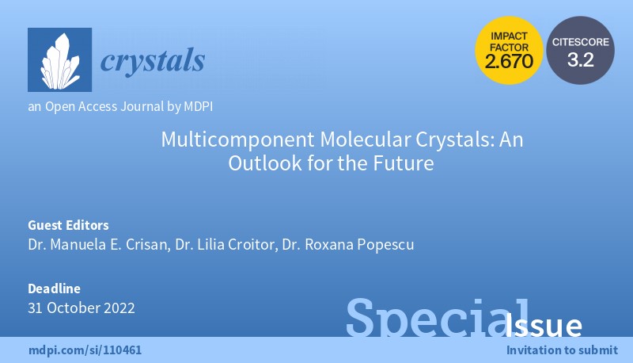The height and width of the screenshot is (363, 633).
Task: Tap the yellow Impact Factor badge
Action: [x=510, y=52]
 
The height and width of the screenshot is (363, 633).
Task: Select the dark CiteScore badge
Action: [x=580, y=52]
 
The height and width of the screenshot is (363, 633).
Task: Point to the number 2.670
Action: [x=510, y=62]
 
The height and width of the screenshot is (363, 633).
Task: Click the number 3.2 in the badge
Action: [x=580, y=60]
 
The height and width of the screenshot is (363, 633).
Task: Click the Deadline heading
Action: [x=53, y=288]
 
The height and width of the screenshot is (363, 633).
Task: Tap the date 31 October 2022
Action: [x=81, y=308]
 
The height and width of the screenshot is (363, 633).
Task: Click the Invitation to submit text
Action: [x=561, y=350]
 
